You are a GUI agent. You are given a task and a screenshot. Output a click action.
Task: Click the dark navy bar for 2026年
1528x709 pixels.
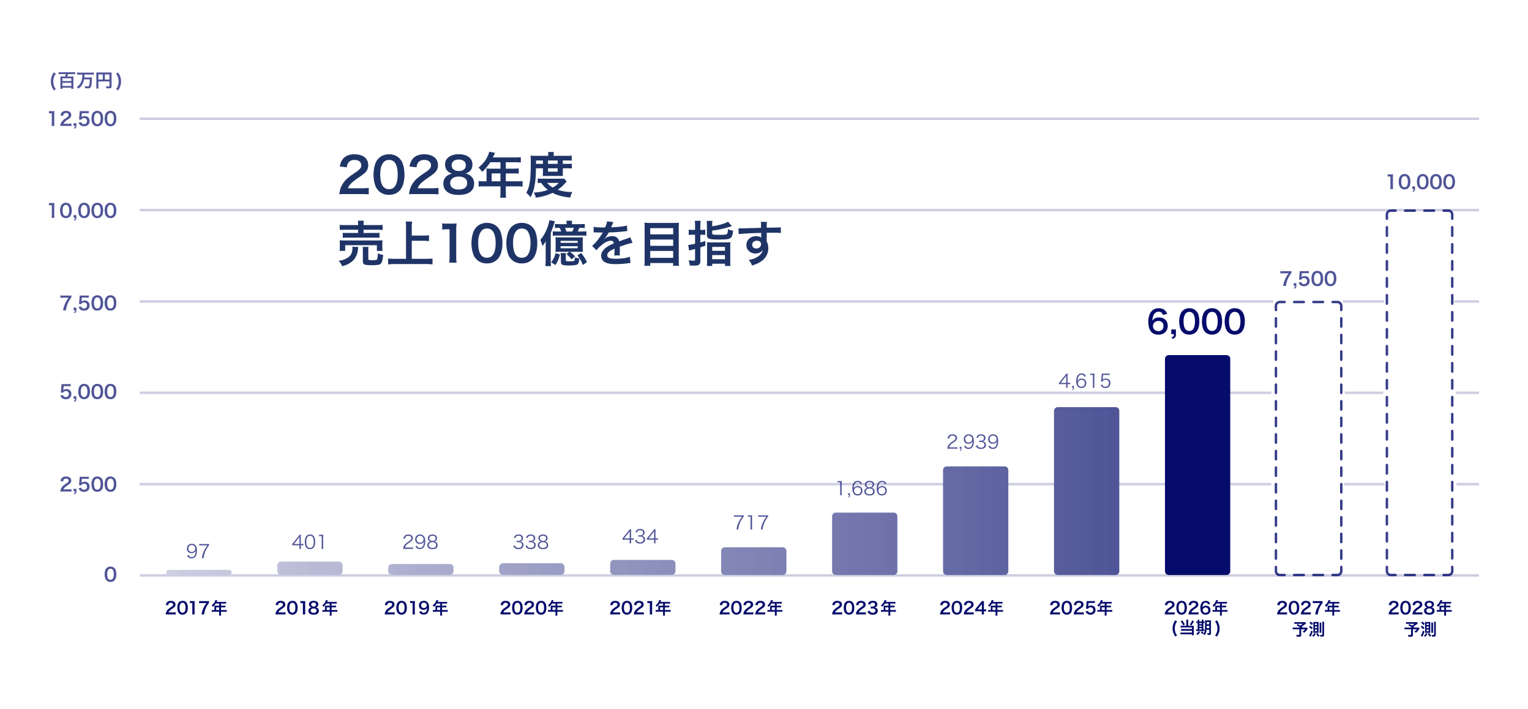1197,465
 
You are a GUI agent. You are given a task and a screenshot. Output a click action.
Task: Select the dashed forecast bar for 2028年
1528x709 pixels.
1419,392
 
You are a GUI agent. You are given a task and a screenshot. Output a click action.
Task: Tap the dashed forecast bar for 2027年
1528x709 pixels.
1308,438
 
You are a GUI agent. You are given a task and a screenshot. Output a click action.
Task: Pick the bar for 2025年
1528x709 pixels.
1086,491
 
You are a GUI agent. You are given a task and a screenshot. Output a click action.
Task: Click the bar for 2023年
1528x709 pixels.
864,544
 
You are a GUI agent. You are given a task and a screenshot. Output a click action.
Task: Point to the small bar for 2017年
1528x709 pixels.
199,572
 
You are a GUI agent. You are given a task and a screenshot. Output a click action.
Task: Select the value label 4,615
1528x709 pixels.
1084,381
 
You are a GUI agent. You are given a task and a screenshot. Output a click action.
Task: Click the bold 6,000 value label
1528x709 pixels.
1196,322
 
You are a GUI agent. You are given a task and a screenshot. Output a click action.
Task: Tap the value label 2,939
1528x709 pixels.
973,442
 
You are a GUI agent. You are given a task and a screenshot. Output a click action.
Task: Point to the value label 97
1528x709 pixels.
198,552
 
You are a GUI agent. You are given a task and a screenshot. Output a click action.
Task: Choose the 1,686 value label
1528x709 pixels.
861,489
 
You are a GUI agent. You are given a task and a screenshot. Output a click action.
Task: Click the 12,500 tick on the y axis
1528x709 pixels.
82,119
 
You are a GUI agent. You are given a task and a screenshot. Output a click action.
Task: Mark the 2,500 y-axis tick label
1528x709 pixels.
88,484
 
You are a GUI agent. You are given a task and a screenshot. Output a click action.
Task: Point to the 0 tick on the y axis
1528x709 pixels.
110,575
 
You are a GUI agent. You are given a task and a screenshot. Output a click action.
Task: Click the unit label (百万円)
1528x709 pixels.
86,81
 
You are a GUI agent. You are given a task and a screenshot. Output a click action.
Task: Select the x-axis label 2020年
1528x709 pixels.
531,608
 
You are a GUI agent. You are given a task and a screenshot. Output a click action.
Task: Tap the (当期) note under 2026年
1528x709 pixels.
1196,628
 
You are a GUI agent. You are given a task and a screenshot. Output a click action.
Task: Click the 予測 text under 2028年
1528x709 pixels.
1420,629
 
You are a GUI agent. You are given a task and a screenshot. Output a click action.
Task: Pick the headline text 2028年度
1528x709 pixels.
455,176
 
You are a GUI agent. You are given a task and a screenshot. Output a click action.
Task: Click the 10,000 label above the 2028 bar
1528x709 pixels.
1420,182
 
